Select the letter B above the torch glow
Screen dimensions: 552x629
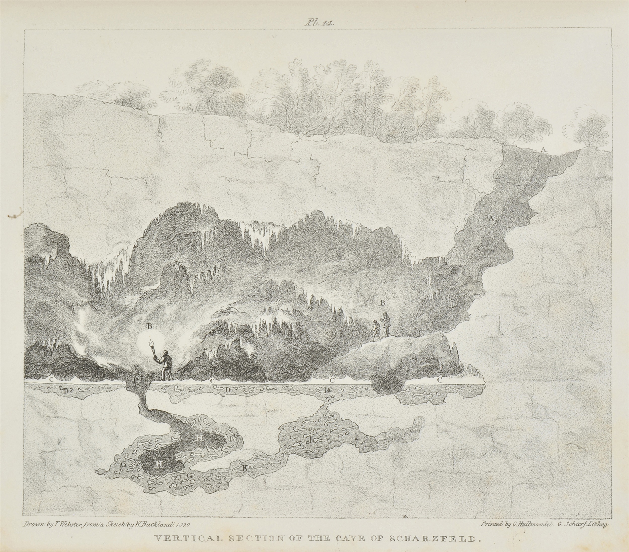[149, 327]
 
